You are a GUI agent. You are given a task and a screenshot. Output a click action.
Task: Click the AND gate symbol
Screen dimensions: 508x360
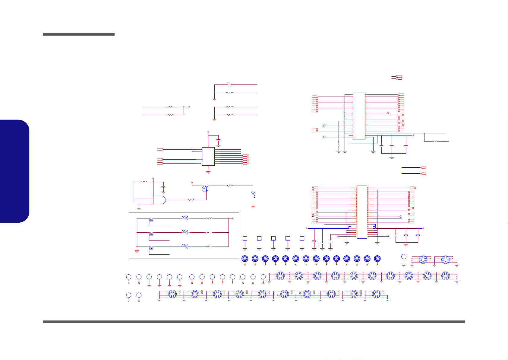159,200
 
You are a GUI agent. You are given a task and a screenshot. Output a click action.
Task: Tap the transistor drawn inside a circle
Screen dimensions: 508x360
205,189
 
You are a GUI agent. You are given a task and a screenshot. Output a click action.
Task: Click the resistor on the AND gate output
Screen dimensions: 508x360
191,200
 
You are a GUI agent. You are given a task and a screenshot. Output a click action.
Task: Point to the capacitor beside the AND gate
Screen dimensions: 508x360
163,187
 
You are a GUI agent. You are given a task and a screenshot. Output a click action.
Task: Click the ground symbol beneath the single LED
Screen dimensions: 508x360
253,207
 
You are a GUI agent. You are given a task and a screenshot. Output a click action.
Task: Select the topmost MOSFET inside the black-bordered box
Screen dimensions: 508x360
151,219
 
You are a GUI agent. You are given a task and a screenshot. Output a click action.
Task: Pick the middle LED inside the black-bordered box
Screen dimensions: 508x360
186,232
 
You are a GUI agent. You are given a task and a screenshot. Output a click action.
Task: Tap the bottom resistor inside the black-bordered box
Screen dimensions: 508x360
209,247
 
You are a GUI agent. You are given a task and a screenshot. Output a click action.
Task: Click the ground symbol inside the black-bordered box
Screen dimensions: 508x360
137,251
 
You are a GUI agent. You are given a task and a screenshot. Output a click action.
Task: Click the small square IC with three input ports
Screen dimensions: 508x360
208,156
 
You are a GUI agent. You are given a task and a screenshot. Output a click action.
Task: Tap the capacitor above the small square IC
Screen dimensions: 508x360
219,141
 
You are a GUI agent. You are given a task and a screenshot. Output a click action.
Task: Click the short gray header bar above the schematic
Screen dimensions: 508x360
79,34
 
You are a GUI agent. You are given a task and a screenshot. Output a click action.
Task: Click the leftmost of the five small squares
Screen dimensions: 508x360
245,238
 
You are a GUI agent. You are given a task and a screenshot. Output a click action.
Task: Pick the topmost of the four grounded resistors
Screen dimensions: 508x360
229,85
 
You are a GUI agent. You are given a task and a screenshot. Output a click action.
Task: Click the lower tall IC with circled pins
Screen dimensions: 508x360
362,212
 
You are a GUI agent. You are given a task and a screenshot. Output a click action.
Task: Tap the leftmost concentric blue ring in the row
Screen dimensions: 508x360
245,259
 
